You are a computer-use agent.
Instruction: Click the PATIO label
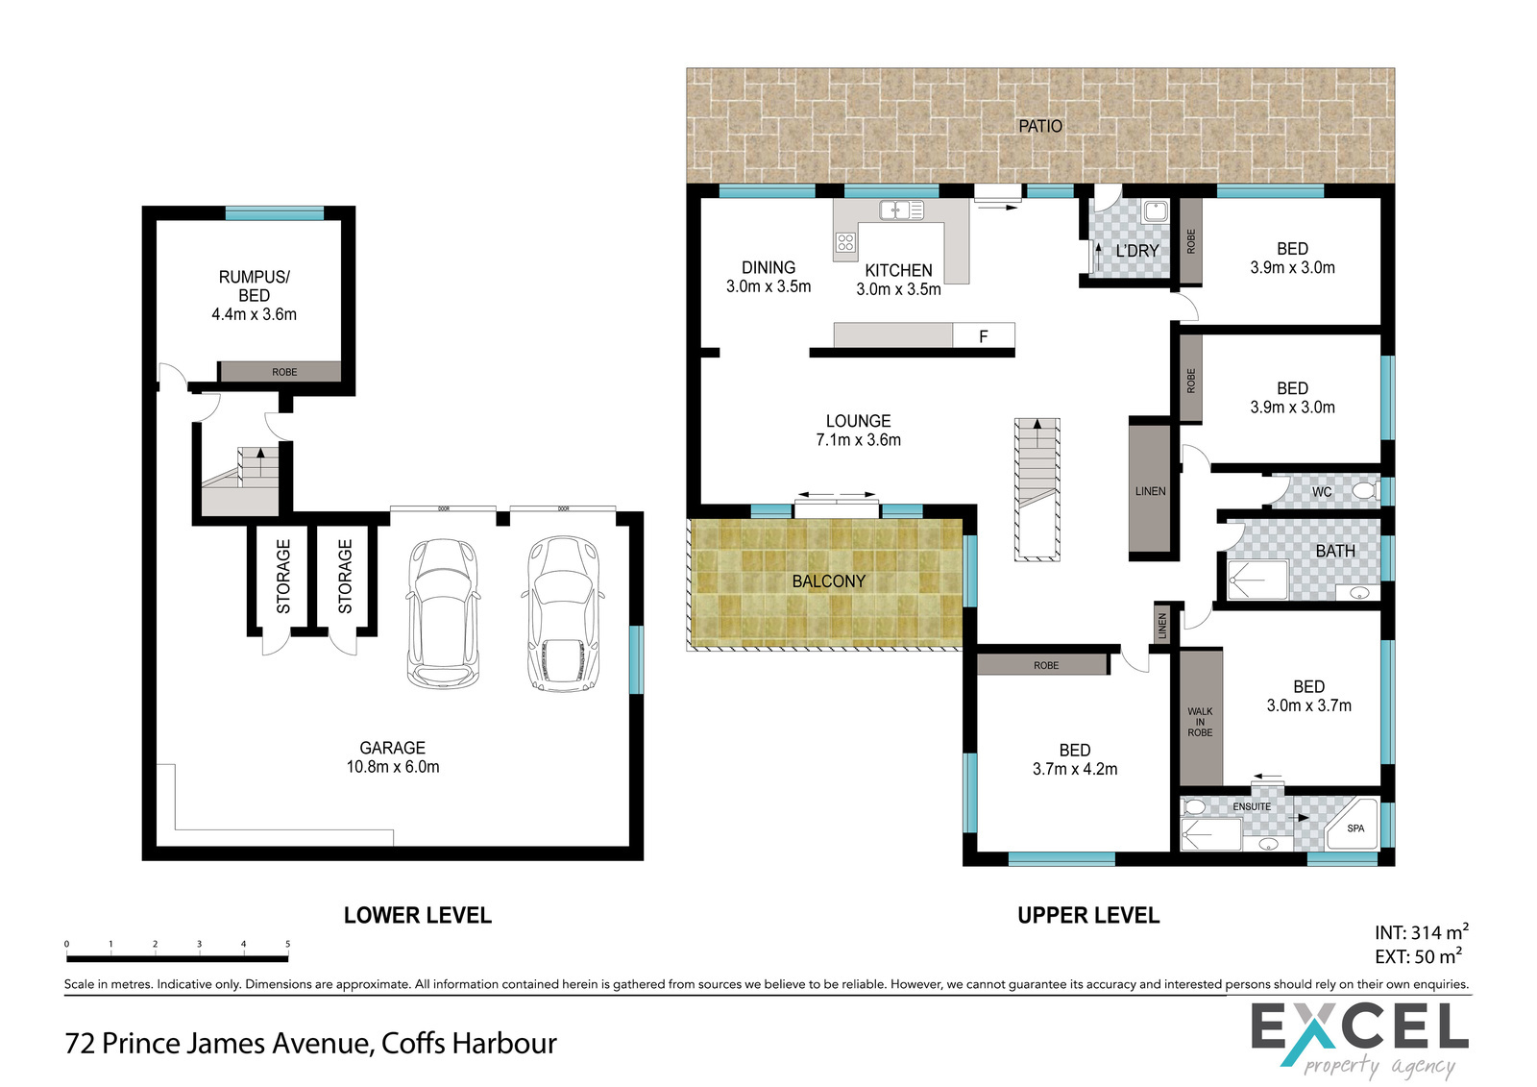click(1040, 126)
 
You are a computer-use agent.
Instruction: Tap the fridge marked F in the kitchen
click(984, 335)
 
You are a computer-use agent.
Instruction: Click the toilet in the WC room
click(1365, 491)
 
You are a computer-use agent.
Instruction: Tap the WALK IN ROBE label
click(1200, 722)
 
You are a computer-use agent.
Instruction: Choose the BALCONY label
click(828, 581)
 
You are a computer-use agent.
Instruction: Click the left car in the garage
click(443, 613)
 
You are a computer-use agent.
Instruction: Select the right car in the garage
click(563, 613)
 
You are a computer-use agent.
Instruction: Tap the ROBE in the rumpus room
click(280, 372)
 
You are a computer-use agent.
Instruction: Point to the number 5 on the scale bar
click(287, 944)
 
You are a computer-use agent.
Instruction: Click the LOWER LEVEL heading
click(417, 915)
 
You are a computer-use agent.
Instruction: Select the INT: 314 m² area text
click(1421, 932)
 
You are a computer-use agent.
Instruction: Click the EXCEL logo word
click(1359, 1027)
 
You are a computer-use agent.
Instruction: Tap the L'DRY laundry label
click(1137, 251)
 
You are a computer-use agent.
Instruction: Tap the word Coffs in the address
click(413, 1043)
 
